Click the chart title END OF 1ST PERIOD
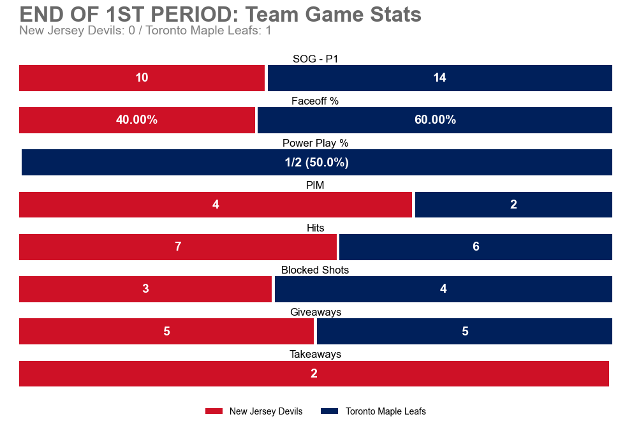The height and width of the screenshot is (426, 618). [220, 15]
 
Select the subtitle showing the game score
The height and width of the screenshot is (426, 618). [145, 31]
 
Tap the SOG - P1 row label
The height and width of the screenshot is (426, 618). [315, 59]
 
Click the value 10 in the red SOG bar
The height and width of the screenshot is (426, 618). [142, 78]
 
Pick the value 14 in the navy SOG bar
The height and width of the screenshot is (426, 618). [439, 78]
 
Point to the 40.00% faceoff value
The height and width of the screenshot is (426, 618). [136, 120]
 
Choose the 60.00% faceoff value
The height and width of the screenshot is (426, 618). [435, 120]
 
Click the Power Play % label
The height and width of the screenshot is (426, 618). [315, 143]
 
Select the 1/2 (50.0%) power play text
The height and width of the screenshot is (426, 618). [316, 163]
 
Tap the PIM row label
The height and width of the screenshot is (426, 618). [315, 186]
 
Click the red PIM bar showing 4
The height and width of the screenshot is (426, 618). [216, 205]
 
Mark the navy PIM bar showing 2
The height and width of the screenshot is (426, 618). [513, 205]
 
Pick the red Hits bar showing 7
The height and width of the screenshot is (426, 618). [178, 247]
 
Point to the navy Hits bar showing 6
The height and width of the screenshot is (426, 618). [476, 247]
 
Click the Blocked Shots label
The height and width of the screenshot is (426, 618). [315, 270]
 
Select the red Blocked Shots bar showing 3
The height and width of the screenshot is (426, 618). [145, 289]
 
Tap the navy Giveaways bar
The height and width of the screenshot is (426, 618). [464, 331]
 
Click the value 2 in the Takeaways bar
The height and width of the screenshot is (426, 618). [314, 374]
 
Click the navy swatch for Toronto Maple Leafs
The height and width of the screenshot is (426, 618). [329, 411]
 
